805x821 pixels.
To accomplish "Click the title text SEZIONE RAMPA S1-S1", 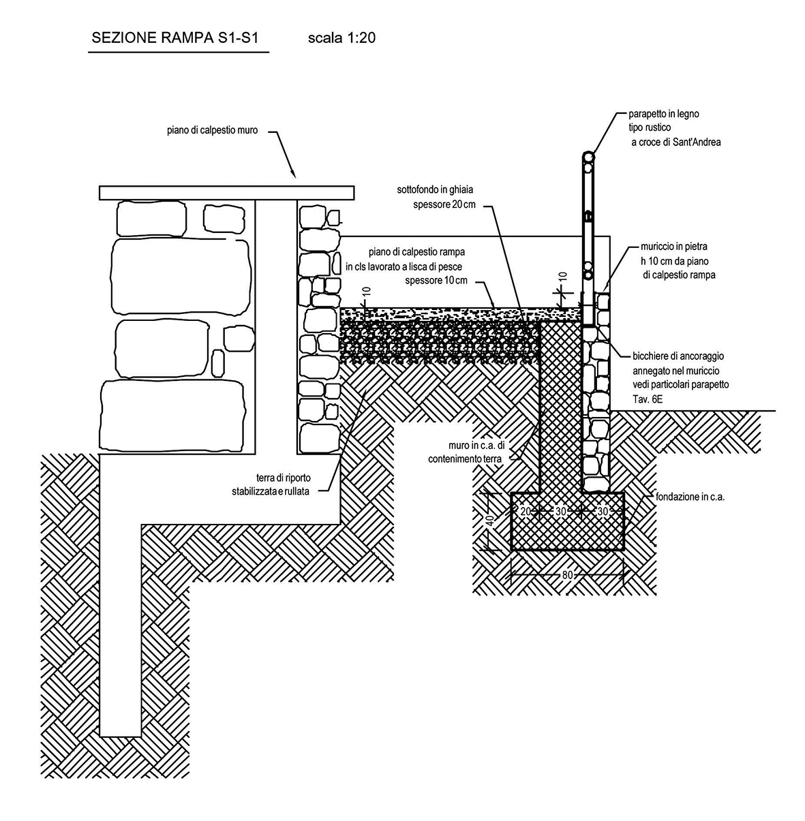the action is (175, 38).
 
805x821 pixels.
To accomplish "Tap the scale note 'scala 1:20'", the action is (341, 38).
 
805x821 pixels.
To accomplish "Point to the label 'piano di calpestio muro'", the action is (213, 130).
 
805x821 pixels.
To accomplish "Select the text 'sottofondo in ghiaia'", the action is (435, 189).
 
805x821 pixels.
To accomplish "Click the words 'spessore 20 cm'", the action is (444, 204).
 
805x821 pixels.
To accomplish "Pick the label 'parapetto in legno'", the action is (664, 114).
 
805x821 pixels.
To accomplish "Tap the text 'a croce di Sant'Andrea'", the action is (675, 142).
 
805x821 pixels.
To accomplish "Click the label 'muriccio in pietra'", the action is (673, 246).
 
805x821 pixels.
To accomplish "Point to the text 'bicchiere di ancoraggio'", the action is (678, 356).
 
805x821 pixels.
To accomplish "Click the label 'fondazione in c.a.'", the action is (690, 497).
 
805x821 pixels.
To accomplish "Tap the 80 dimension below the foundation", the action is (567, 575).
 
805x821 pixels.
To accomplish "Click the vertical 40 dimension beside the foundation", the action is (490, 521).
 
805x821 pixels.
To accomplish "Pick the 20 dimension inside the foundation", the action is (526, 511).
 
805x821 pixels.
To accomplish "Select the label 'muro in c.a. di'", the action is (476, 445).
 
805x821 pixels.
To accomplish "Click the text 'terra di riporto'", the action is (283, 478).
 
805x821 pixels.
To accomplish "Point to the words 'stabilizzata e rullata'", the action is (271, 492).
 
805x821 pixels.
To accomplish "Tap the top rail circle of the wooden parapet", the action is (589, 157).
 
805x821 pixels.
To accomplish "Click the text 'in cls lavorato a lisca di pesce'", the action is (404, 266).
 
